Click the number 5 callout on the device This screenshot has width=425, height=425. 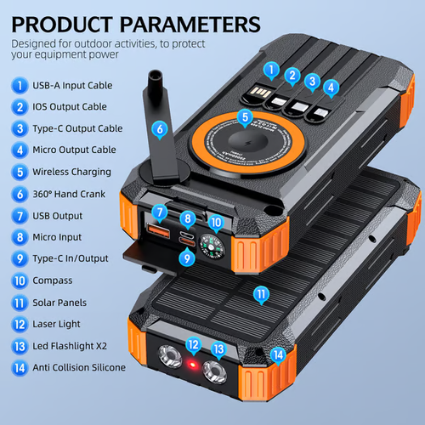click(x=245, y=117)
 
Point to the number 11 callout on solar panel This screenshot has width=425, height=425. click(x=261, y=295)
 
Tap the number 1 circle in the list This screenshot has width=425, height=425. click(x=18, y=85)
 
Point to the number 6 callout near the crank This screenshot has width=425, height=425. click(x=159, y=129)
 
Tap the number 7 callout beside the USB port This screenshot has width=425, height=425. click(x=159, y=211)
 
